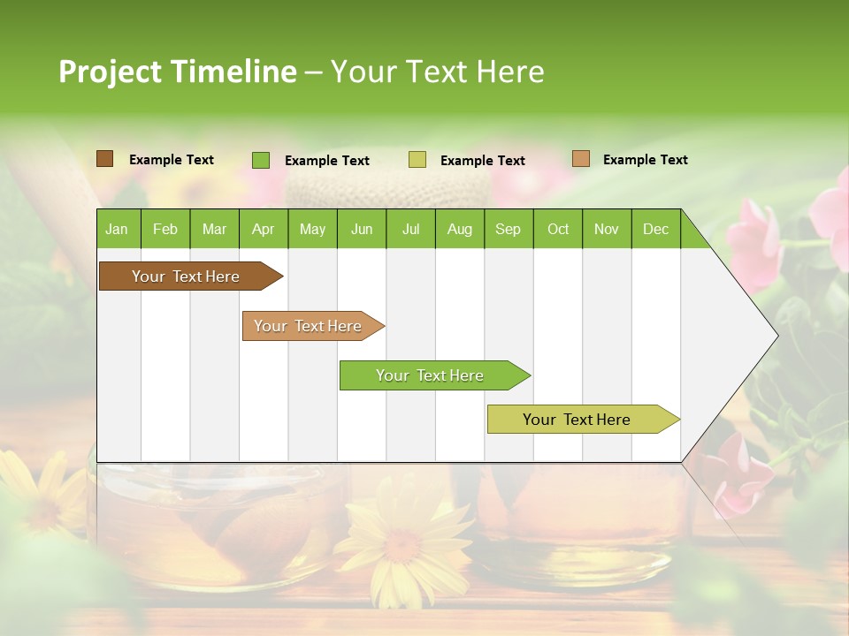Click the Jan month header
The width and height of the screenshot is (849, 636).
[x=117, y=230]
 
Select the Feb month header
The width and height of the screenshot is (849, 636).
[x=165, y=230]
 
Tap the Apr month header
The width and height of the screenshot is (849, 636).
[x=263, y=230]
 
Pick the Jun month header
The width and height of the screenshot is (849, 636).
[x=362, y=230]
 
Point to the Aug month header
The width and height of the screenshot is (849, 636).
[x=459, y=230]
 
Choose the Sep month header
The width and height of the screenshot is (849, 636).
[x=508, y=230]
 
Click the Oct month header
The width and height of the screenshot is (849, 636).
[x=558, y=230]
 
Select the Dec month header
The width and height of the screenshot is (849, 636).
[x=655, y=230]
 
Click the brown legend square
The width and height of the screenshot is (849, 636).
[x=105, y=159]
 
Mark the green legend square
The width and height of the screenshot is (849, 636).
[x=261, y=160]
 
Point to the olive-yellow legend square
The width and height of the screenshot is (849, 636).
[x=417, y=160]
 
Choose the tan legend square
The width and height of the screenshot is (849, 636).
[x=581, y=159]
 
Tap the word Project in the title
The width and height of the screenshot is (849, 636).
[x=111, y=72]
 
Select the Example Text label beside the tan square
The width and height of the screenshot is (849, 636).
[x=645, y=160]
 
